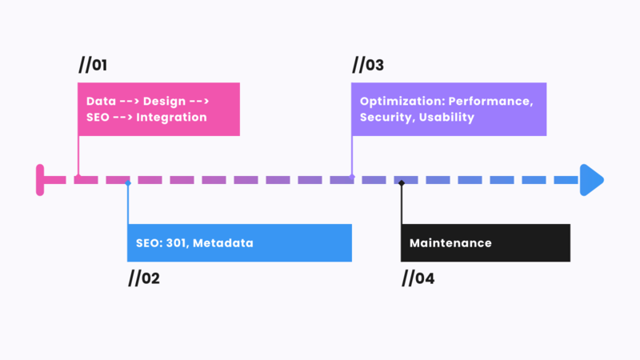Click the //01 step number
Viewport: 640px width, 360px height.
click(x=93, y=65)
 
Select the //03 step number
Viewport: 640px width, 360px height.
click(x=368, y=65)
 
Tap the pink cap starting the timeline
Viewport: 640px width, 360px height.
click(x=40, y=179)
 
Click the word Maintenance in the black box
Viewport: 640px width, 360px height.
click(x=450, y=243)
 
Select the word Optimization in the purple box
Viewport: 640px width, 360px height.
click(x=401, y=102)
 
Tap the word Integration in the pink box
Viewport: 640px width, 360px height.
click(x=172, y=118)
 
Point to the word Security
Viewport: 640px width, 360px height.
click(x=387, y=118)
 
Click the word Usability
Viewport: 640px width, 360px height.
click(x=449, y=118)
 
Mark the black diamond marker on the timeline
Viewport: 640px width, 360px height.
click(x=402, y=183)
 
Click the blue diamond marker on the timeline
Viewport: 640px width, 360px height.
click(x=128, y=183)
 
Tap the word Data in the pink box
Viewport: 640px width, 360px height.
click(x=101, y=102)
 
